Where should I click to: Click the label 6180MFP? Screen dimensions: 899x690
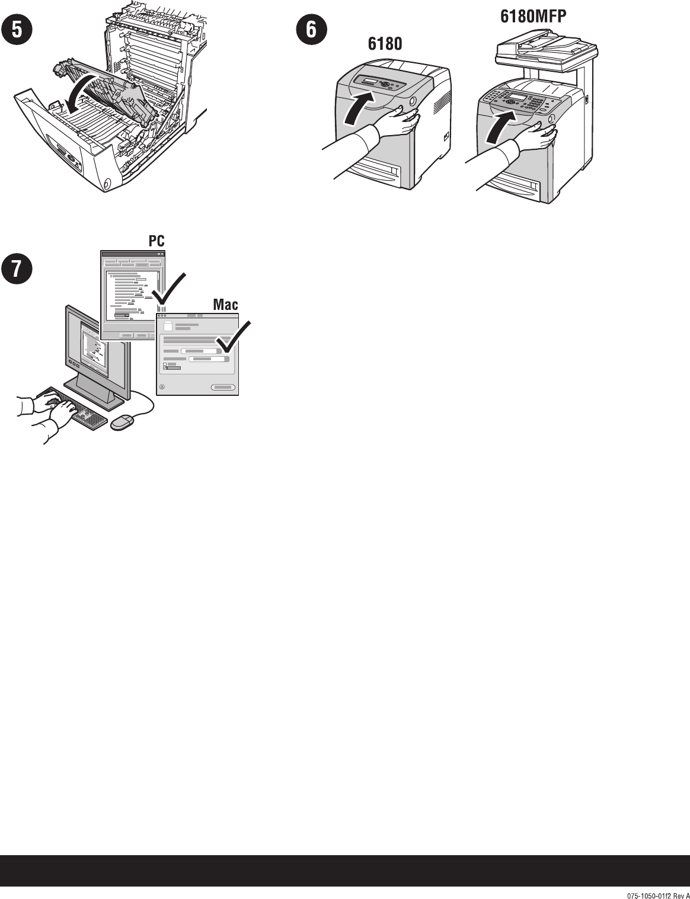[x=533, y=16]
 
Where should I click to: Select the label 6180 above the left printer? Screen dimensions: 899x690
[x=385, y=43]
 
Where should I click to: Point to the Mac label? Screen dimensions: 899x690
[x=225, y=305]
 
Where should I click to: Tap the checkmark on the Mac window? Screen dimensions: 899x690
[x=233, y=337]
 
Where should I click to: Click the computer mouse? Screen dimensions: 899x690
[x=122, y=422]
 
